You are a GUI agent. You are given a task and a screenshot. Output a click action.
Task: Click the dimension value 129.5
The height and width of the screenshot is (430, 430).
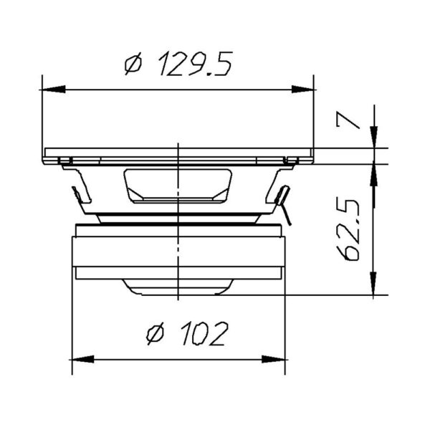point(196,66)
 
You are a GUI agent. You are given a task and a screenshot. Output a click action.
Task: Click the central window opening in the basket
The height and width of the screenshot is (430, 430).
point(178,184)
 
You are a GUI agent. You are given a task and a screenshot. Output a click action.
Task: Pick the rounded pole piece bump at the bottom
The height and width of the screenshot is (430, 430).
point(178,286)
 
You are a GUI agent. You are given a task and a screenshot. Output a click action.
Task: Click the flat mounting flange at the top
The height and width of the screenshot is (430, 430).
point(178,153)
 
